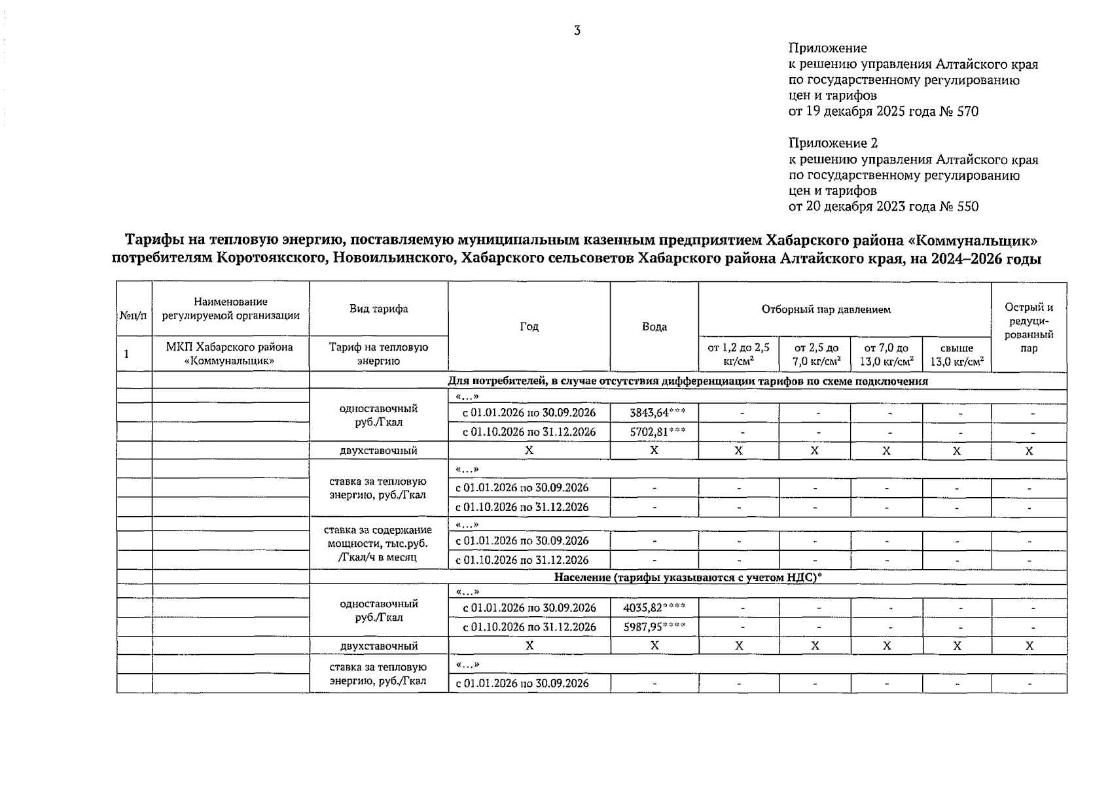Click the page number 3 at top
point(577,31)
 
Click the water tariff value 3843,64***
point(654,413)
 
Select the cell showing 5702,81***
point(654,432)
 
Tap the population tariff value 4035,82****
point(654,608)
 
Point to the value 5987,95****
point(654,627)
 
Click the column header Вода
point(654,326)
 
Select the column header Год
point(529,326)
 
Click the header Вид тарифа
point(378,309)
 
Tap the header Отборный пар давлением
point(825,309)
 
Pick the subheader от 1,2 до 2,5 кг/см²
point(738,354)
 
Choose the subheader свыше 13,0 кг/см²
point(956,354)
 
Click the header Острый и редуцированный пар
point(1028,327)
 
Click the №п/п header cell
point(134,315)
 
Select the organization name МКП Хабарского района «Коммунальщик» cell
point(230,353)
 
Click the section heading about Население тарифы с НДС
point(687,577)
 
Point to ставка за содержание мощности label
point(378,543)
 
